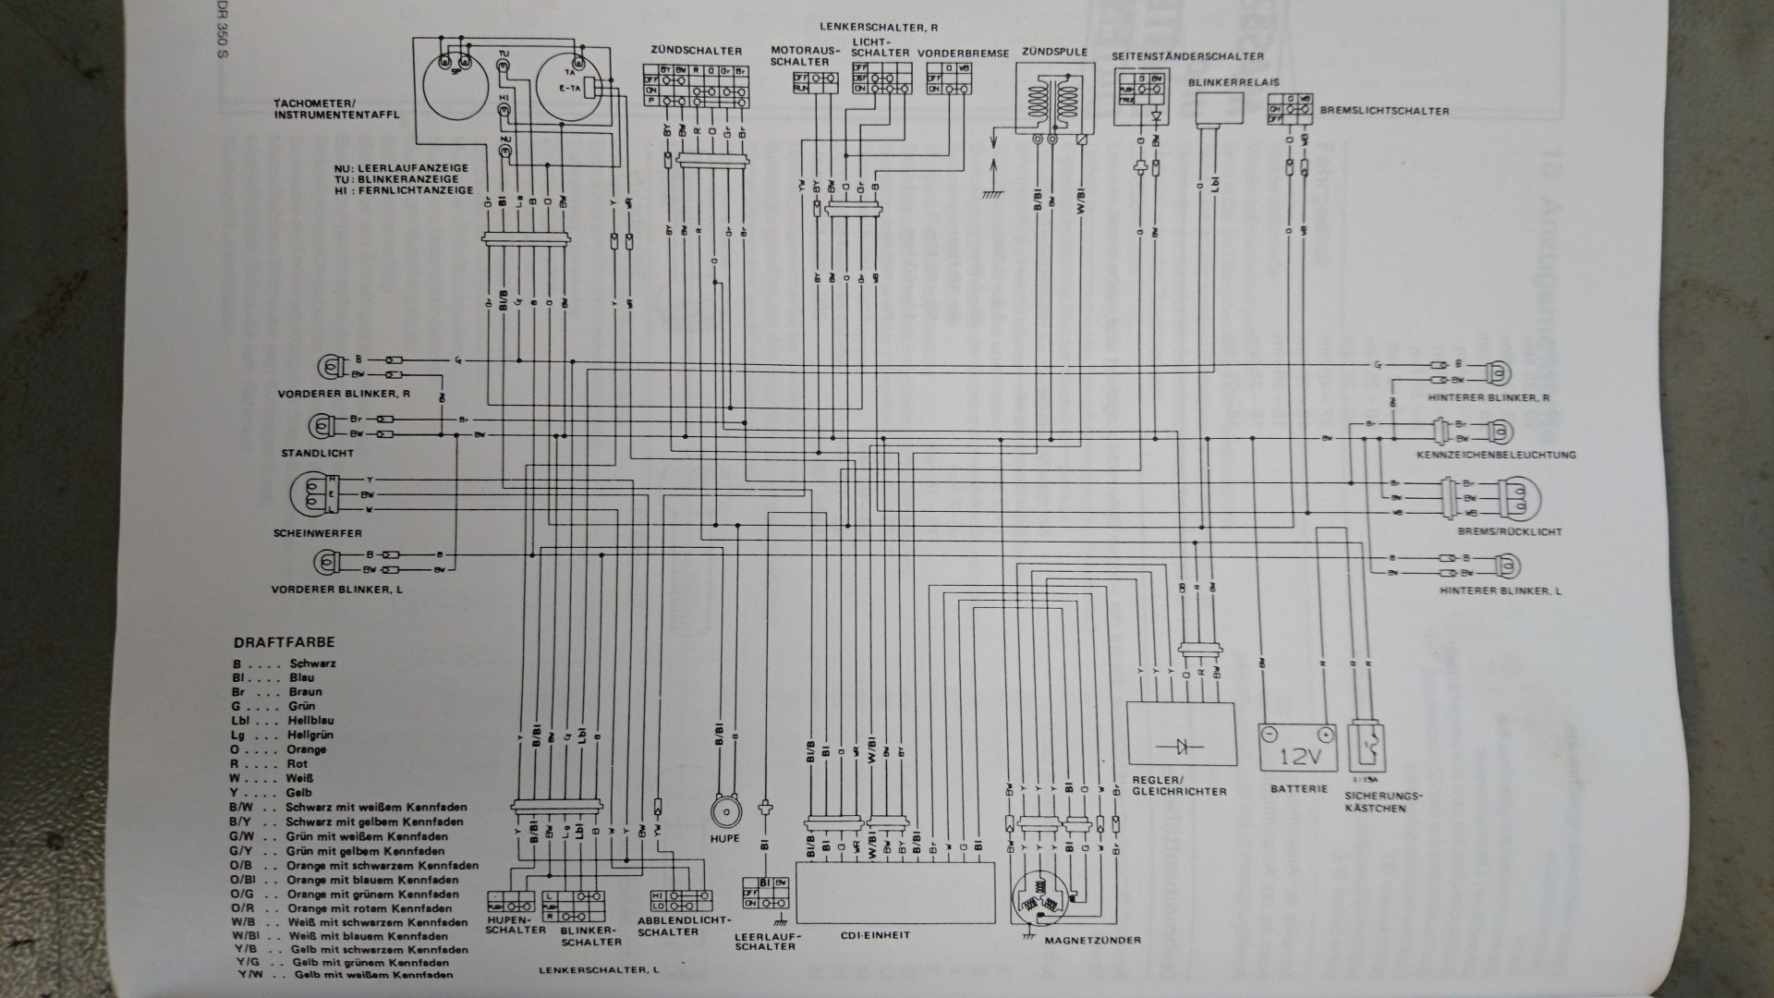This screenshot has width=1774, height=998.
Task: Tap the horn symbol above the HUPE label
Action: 726,810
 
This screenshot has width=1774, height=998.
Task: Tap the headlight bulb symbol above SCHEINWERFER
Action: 311,495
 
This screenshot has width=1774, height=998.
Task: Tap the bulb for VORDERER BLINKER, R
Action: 328,367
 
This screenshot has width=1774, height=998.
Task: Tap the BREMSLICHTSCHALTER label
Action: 1385,111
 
